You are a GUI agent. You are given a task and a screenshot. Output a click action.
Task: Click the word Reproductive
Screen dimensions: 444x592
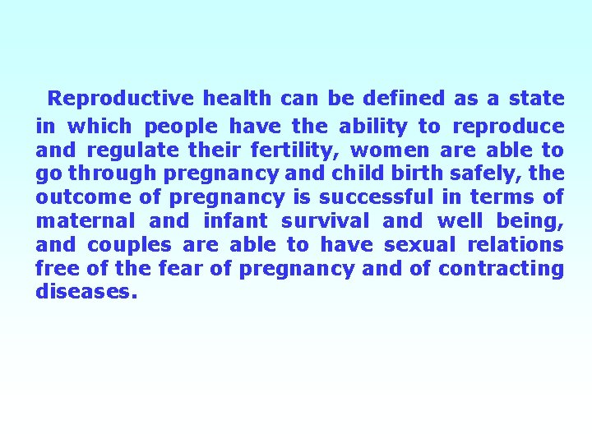(121, 99)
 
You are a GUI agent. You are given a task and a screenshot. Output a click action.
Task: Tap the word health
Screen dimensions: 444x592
(237, 99)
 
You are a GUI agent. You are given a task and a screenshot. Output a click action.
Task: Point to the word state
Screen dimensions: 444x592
(536, 99)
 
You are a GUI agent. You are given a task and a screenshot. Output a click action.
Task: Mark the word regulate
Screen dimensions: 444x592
(134, 150)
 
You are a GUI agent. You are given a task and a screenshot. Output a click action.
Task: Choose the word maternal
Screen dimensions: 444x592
(85, 221)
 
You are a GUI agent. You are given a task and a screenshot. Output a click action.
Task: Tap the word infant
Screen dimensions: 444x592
(234, 221)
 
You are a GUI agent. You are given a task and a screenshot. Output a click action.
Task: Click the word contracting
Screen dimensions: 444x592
(501, 269)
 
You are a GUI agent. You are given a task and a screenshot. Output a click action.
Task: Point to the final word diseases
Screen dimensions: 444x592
(83, 292)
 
